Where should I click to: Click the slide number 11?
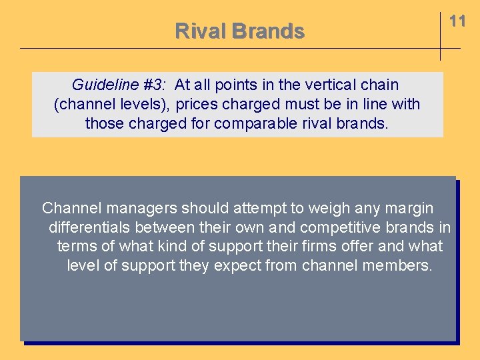[x=457, y=21]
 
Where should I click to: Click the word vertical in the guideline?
[x=330, y=85]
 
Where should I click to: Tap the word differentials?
[x=89, y=228]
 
